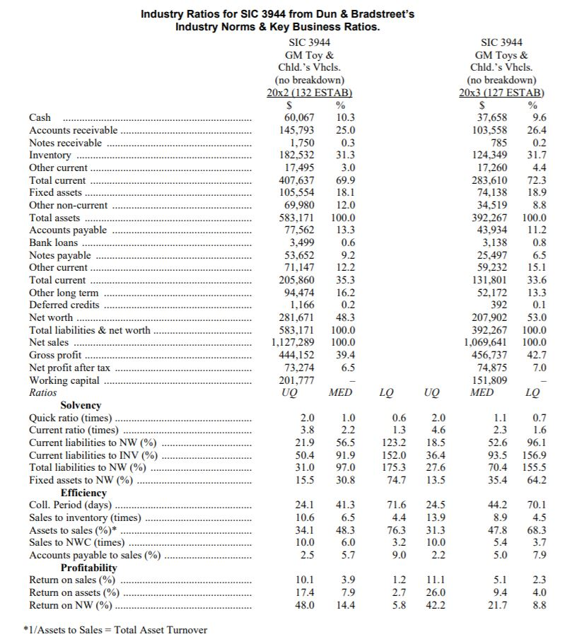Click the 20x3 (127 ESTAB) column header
501,93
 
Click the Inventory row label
50,156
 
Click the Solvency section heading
81,405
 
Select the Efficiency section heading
83,493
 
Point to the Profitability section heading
89,568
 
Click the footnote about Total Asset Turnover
118,630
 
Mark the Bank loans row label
54,243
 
